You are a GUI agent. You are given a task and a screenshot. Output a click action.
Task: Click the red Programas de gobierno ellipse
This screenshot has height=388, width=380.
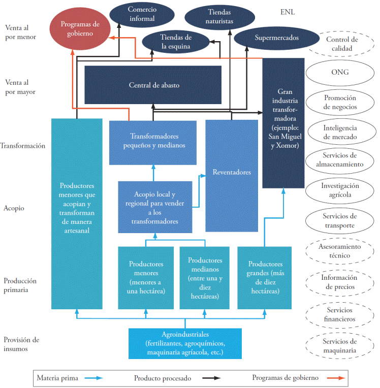[x=80, y=28]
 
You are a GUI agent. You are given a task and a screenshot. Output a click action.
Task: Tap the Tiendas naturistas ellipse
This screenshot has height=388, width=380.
[x=219, y=17]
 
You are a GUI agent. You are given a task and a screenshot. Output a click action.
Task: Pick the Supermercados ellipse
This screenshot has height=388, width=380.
[x=276, y=38]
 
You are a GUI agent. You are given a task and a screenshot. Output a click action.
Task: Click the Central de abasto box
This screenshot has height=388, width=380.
[x=153, y=85]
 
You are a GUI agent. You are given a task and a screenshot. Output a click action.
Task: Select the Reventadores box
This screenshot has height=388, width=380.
[x=231, y=172]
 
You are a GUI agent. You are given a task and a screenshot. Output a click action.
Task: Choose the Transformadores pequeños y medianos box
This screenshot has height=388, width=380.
[x=153, y=141]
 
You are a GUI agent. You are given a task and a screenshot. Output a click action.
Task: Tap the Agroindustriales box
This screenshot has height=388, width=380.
[x=185, y=343]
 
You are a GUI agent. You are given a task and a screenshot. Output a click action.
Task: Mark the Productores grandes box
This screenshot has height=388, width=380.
[x=265, y=278]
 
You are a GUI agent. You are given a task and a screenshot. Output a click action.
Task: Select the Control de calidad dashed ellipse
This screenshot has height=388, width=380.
[x=342, y=44]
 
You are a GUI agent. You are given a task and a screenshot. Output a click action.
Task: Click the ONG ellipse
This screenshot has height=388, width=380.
[x=340, y=72]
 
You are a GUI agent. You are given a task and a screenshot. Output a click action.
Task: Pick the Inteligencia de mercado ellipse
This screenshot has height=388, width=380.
[x=340, y=133]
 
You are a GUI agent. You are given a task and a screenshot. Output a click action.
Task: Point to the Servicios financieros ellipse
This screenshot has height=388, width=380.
[x=340, y=314]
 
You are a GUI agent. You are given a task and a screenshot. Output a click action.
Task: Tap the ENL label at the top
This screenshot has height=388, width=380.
[x=287, y=12]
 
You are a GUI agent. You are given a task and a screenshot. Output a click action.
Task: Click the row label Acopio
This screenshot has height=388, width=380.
[x=15, y=208]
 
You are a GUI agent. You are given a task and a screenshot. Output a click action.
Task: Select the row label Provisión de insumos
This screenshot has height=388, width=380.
[x=21, y=344]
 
